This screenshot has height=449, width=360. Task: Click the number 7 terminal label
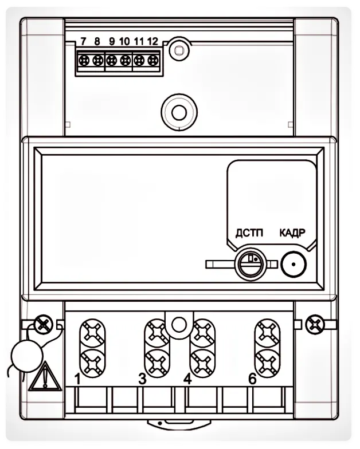[x=84, y=41]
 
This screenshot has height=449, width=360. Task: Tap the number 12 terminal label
[x=152, y=41]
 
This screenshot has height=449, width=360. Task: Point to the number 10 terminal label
[x=124, y=41]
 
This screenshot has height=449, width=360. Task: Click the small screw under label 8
[x=97, y=59]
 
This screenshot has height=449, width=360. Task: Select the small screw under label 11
[x=139, y=59]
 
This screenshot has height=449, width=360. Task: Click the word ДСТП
[x=249, y=233]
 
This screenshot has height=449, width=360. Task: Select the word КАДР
[x=292, y=233]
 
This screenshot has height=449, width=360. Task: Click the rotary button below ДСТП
[x=250, y=263]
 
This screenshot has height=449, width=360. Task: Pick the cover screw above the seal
[x=42, y=324]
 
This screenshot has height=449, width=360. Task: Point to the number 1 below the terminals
[x=78, y=379]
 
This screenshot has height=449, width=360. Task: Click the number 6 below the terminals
[x=252, y=379]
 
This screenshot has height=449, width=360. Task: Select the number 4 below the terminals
[x=187, y=379]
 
